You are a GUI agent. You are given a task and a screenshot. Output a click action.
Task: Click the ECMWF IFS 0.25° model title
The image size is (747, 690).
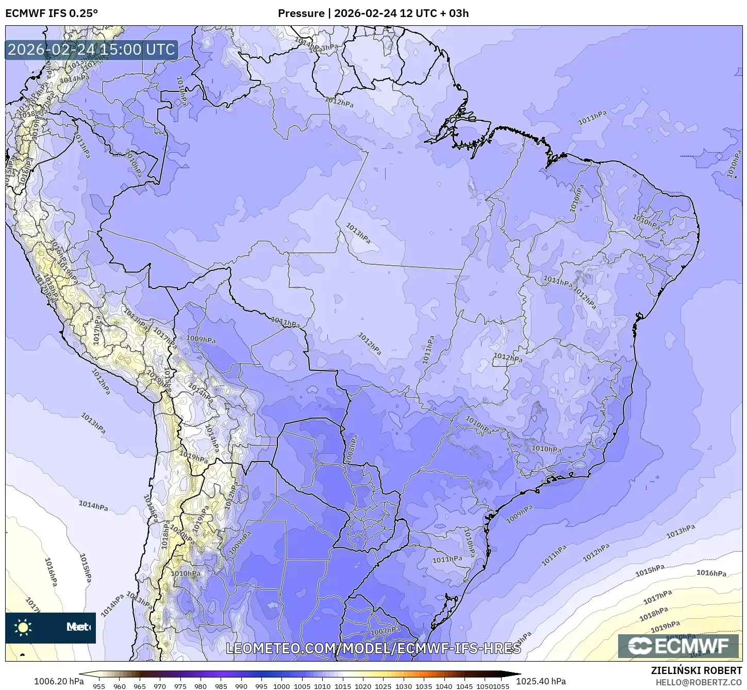[51, 13]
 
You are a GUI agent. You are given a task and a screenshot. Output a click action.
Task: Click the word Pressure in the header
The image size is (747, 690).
[301, 13]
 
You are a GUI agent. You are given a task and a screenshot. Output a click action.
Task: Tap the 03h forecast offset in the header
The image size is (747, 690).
[458, 13]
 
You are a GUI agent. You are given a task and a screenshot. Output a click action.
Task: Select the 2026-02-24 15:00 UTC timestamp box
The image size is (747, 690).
[91, 50]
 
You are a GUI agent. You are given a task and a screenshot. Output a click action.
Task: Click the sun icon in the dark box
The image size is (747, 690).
[23, 628]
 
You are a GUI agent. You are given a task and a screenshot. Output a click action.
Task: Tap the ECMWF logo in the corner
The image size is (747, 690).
[678, 646]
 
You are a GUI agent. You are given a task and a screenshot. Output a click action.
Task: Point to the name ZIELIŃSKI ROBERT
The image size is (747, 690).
[696, 670]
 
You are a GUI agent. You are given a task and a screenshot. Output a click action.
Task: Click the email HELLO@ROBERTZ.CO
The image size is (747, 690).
[699, 682]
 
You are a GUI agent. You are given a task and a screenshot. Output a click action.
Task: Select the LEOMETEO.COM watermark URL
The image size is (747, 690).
[373, 648]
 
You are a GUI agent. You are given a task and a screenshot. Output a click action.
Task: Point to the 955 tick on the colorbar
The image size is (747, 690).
[99, 686]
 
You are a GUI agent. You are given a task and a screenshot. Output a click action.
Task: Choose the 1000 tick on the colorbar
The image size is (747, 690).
[281, 686]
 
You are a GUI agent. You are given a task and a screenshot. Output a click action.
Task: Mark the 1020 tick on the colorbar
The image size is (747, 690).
[362, 686]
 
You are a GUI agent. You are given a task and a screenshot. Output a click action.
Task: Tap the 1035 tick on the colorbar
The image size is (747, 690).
[423, 686]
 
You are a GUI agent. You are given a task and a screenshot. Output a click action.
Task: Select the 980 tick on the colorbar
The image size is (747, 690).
[201, 686]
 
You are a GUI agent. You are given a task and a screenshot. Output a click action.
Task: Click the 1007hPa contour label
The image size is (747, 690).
[385, 631]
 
